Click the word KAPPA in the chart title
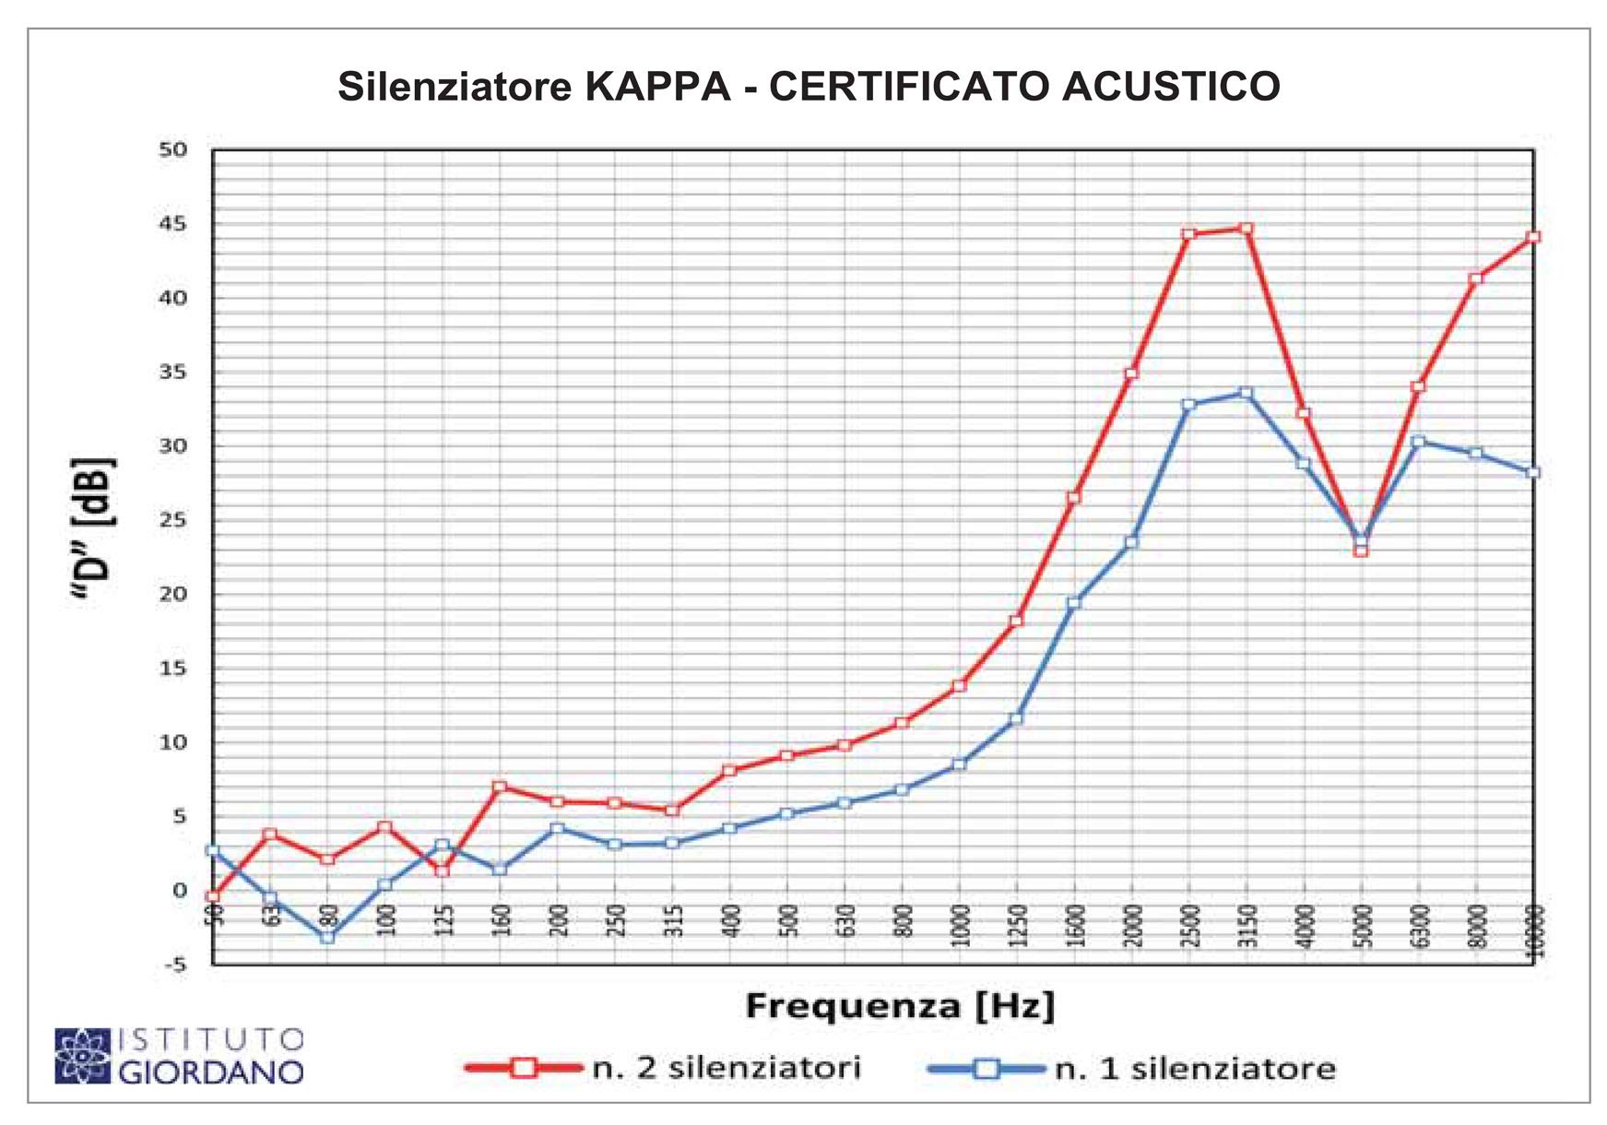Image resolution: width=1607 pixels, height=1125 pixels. (x=657, y=87)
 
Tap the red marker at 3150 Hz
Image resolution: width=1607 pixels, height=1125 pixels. (x=1246, y=229)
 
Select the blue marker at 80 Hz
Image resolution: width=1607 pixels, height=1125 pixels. (x=327, y=937)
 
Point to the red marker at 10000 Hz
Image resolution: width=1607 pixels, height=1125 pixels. (x=1532, y=237)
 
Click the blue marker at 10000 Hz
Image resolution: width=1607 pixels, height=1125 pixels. (x=1532, y=473)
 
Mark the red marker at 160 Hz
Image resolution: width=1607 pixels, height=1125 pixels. (x=500, y=787)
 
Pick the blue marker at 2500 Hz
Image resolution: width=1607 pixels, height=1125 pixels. (x=1188, y=405)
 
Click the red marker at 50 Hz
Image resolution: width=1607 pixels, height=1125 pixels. (x=213, y=896)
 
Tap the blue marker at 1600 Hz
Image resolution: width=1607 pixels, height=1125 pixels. (x=1073, y=603)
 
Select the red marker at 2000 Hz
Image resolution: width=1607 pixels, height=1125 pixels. (x=1131, y=373)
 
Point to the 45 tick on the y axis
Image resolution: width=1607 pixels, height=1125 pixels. (x=172, y=224)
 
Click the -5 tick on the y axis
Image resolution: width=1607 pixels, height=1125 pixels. (x=172, y=965)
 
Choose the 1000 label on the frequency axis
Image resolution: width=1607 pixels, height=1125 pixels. (x=960, y=926)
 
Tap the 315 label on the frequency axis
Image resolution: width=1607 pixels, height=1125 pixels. (x=673, y=921)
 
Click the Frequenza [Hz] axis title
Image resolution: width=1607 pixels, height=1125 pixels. (x=899, y=1005)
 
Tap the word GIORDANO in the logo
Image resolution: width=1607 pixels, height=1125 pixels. (x=211, y=1072)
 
